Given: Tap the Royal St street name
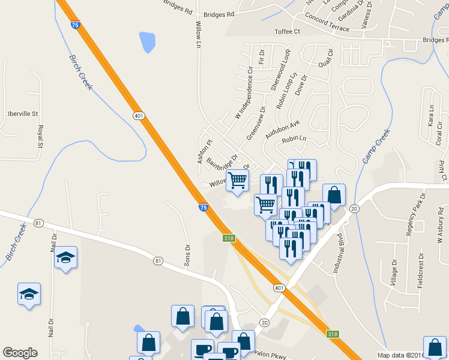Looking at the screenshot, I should pyautogui.click(x=40, y=136).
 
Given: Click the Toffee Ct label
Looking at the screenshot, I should pyautogui.click(x=286, y=31).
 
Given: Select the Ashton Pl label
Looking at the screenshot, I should pyautogui.click(x=205, y=151).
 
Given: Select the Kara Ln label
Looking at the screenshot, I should pyautogui.click(x=430, y=114).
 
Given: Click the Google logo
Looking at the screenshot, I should pyautogui.click(x=20, y=353).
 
